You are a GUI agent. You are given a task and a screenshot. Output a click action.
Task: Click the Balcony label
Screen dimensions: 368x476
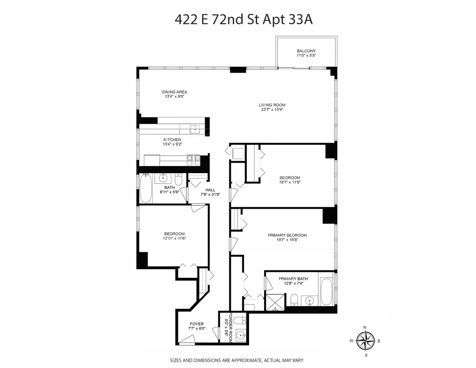[306, 51]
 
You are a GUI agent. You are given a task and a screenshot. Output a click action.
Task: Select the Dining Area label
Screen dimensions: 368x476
[174, 92]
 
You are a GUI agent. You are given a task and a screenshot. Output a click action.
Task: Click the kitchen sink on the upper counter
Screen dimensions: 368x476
[195, 129]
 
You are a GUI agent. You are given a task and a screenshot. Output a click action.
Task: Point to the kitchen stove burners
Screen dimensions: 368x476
[194, 160]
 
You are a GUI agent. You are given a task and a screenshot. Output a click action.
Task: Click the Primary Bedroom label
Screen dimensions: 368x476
[287, 235]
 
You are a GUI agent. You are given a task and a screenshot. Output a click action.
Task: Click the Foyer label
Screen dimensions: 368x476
[196, 324]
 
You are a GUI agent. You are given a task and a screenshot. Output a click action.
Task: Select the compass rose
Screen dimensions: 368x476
[365, 341]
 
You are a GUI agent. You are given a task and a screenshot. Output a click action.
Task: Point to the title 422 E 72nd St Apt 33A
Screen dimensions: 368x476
[244, 19]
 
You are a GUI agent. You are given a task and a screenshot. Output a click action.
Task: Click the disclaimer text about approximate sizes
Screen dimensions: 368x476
[237, 360]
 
